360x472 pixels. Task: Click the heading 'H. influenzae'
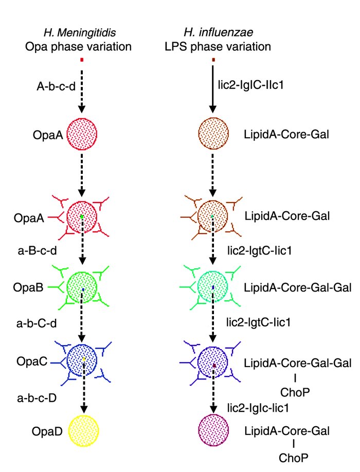(213, 34)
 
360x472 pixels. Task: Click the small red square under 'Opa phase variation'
(82, 60)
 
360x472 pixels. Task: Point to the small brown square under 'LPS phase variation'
(213, 60)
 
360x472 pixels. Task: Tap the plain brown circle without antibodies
(213, 135)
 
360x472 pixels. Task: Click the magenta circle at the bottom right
(213, 430)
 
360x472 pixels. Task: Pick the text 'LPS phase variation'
(213, 47)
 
